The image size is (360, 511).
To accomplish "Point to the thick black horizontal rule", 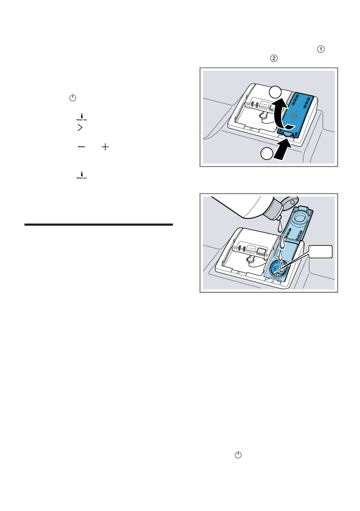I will click(99, 224).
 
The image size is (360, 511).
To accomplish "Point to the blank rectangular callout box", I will click(321, 252).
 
